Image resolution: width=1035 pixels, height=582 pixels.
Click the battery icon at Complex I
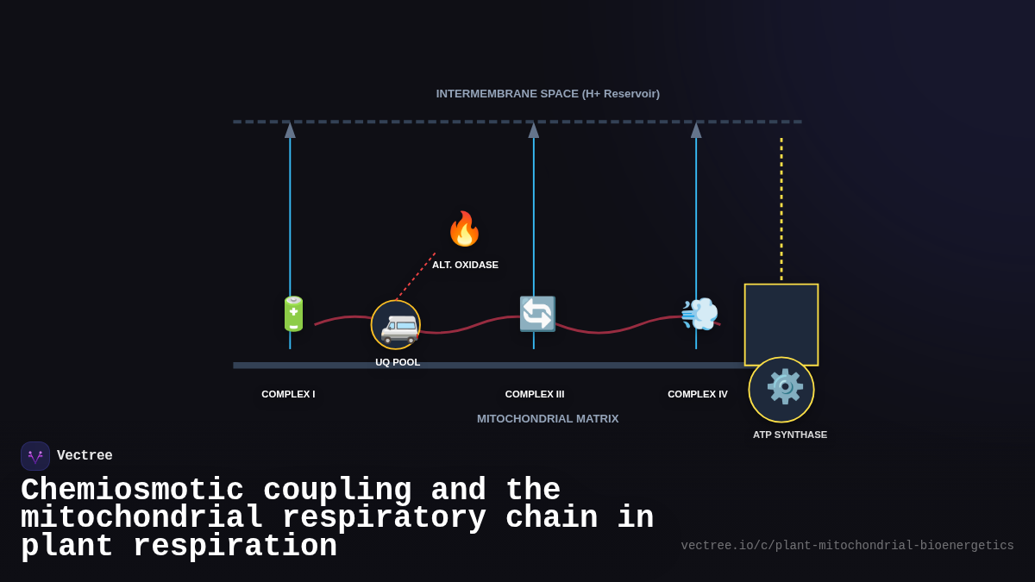click(x=293, y=314)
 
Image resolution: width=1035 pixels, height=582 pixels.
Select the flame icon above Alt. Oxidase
click(x=464, y=229)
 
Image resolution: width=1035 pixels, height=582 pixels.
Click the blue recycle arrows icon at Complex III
click(x=537, y=314)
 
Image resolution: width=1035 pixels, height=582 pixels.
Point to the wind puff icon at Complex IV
click(x=699, y=314)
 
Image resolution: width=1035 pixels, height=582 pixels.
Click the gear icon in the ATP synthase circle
click(x=784, y=387)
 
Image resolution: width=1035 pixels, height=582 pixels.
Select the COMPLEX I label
click(x=288, y=394)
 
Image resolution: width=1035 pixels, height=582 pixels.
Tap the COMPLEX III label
click(x=535, y=394)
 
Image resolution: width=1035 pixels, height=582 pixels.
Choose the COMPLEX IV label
click(x=698, y=394)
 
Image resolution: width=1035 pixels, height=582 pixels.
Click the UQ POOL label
click(x=398, y=362)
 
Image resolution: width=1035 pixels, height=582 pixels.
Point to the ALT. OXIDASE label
click(x=465, y=265)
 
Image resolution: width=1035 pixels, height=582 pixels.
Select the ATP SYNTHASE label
click(x=790, y=435)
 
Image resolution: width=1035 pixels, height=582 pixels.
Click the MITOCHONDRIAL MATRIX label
click(x=548, y=419)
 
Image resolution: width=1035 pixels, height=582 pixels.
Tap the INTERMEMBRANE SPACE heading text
click(x=548, y=94)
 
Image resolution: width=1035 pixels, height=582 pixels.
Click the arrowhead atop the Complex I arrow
click(x=290, y=130)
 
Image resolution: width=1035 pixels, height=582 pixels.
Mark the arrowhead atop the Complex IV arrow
click(x=696, y=130)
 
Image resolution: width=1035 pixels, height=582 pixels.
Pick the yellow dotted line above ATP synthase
click(x=781, y=207)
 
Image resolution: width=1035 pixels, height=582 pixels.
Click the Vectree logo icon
click(x=35, y=456)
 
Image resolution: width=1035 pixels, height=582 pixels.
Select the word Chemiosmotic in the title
click(x=132, y=490)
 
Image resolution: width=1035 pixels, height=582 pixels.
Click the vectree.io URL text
click(x=847, y=546)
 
